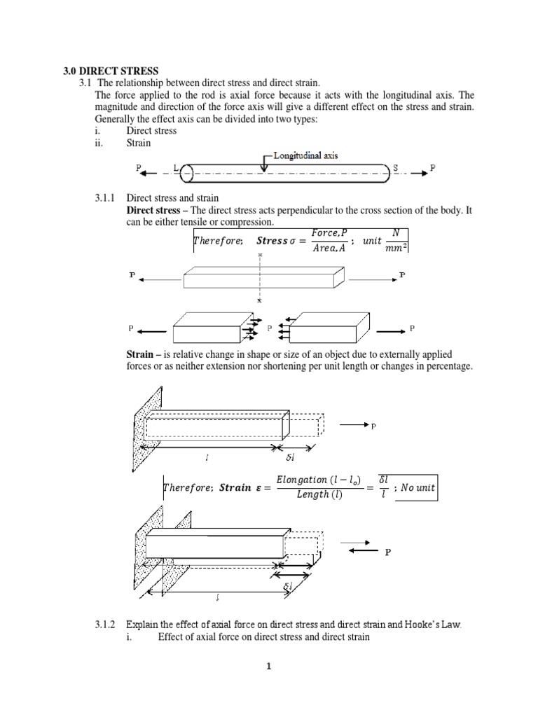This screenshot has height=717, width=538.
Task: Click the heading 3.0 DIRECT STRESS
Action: point(107,71)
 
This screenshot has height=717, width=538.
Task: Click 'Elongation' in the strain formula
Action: point(302,480)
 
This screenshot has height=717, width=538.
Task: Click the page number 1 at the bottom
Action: point(268,667)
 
